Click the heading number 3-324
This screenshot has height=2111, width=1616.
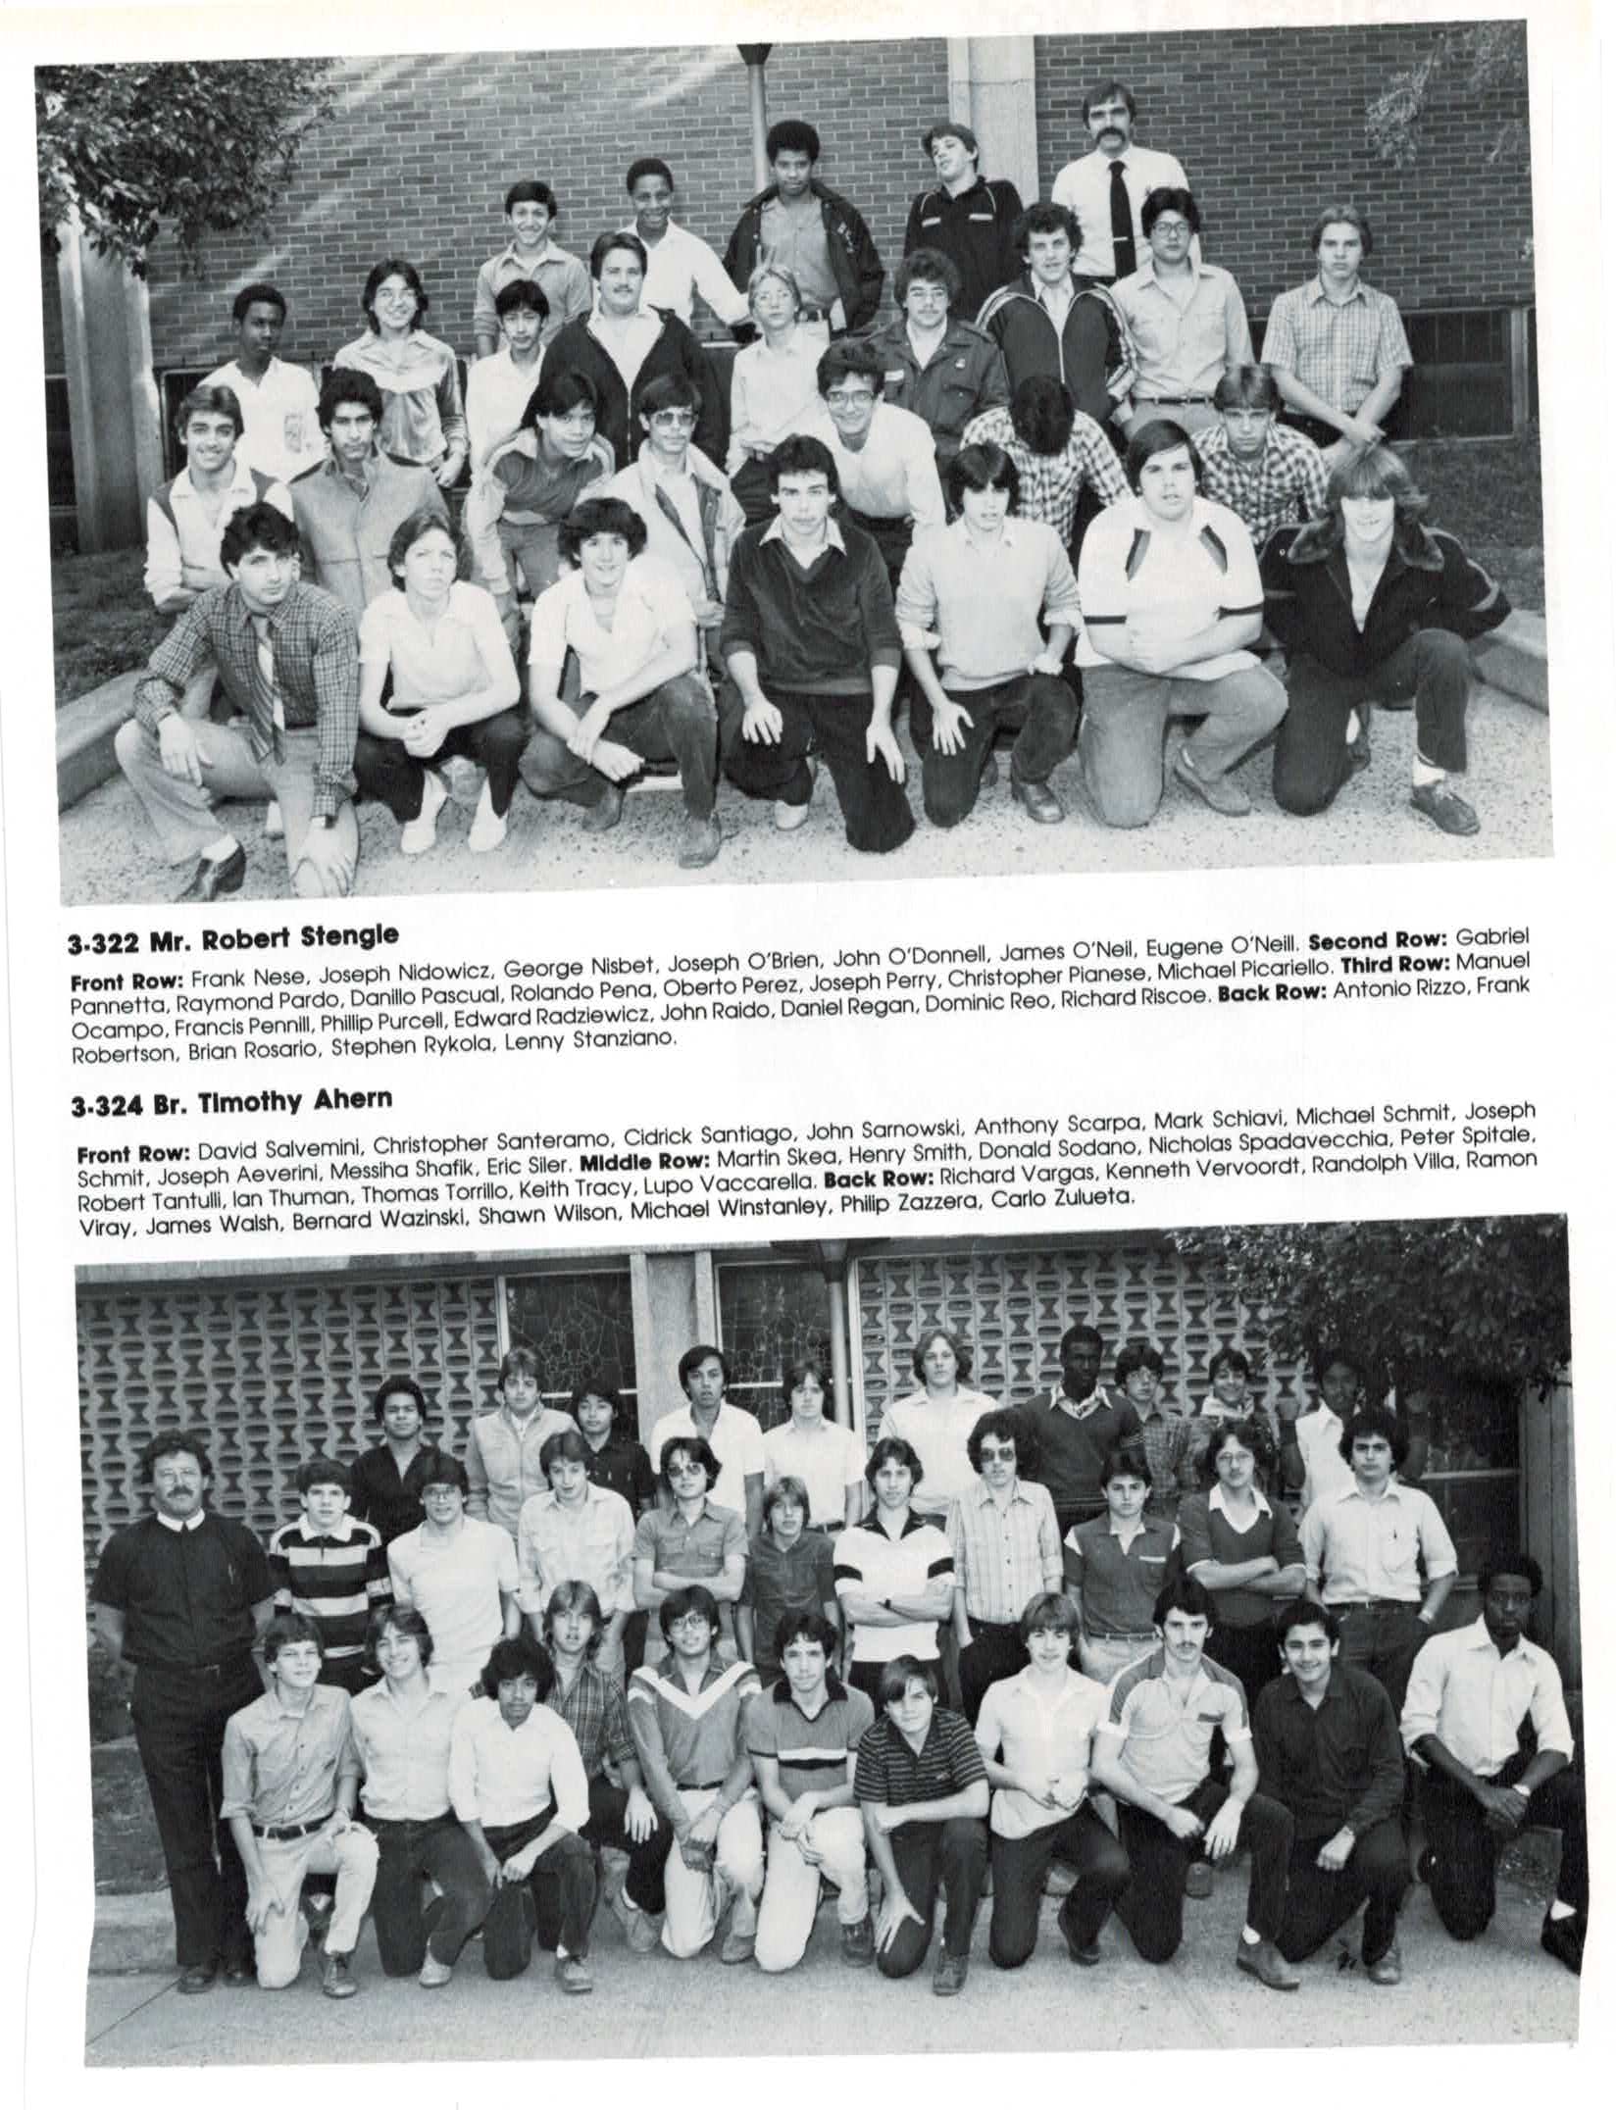105,1107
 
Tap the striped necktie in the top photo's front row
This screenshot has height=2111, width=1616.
265,676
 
